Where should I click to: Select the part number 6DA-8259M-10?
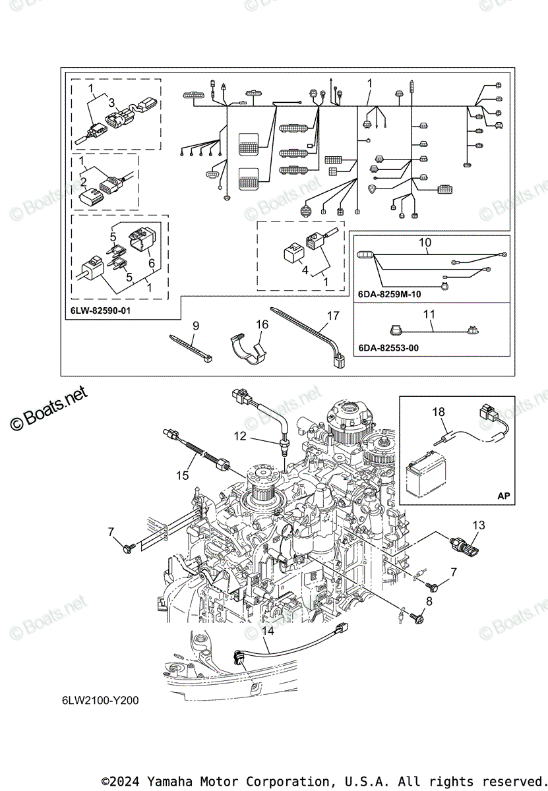coord(390,295)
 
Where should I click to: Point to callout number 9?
coord(195,325)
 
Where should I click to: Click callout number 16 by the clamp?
coord(262,324)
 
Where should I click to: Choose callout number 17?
coord(333,316)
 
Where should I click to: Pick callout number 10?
coord(425,243)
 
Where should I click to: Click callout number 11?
coord(429,315)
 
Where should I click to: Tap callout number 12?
coord(240,435)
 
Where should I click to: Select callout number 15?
coord(183,475)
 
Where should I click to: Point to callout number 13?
coord(479,525)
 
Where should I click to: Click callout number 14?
coord(267,631)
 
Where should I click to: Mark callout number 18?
coord(438,412)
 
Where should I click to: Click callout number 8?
coord(429,601)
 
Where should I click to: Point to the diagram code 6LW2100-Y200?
coord(98,700)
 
